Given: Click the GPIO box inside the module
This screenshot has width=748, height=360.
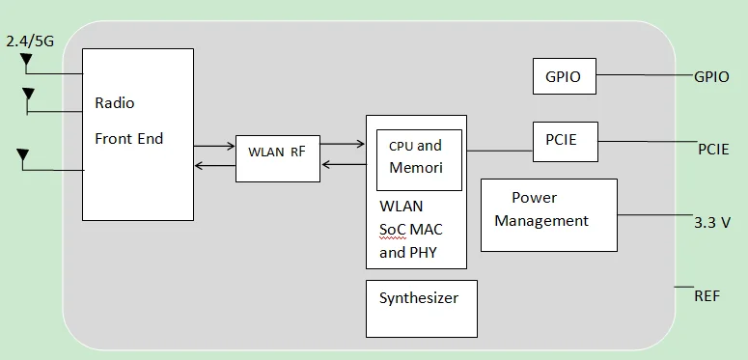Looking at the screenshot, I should [x=564, y=76].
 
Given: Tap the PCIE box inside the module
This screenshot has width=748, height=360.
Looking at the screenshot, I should [x=565, y=140].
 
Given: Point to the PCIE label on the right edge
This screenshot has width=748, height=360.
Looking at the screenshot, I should [x=713, y=149].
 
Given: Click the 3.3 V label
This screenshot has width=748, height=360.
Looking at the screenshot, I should [x=712, y=222].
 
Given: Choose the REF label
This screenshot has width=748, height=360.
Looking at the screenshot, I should [x=706, y=295].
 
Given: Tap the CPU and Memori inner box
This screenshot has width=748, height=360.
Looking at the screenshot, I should [x=419, y=158].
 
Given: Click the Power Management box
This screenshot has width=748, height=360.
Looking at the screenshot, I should [x=548, y=214].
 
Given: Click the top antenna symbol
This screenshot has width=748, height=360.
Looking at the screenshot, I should [x=26, y=62].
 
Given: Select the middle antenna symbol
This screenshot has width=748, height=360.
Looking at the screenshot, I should [x=28, y=95].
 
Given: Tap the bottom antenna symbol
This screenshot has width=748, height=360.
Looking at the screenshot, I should [x=22, y=155].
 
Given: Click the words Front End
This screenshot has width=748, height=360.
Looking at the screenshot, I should [x=128, y=139].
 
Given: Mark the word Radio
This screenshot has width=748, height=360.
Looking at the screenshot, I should [x=115, y=103].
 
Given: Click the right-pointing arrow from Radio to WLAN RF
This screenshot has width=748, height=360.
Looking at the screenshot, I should [x=214, y=146].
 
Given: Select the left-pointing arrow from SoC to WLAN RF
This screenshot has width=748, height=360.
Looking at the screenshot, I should [x=343, y=165].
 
